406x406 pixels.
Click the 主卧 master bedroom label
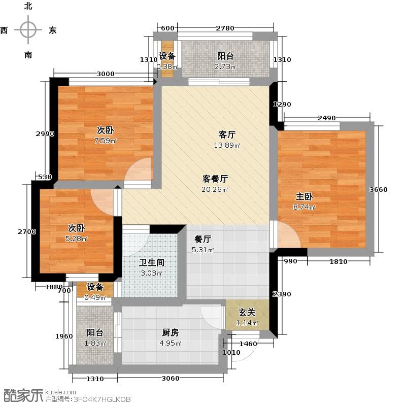point(304,196)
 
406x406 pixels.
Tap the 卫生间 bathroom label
point(152,262)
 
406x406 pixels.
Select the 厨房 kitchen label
point(171,333)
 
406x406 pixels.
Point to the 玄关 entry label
point(247,313)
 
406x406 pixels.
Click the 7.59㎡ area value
point(106,141)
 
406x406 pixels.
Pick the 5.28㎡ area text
point(77,239)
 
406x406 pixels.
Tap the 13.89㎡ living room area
point(227,145)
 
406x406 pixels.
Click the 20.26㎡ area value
point(215,189)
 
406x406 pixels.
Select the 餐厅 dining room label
point(202,239)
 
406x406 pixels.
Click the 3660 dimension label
point(379,189)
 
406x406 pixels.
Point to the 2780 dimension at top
point(225,28)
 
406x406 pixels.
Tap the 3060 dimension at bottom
point(171,379)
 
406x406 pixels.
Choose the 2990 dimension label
point(45,134)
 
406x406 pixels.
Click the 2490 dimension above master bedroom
point(327,118)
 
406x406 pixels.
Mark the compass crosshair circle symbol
point(28,30)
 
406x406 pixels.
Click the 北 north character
point(28,6)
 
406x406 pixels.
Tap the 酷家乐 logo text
point(22,396)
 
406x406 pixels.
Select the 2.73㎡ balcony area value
point(225,67)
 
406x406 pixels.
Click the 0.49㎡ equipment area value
point(95,297)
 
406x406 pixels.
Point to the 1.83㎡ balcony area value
point(95,344)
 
